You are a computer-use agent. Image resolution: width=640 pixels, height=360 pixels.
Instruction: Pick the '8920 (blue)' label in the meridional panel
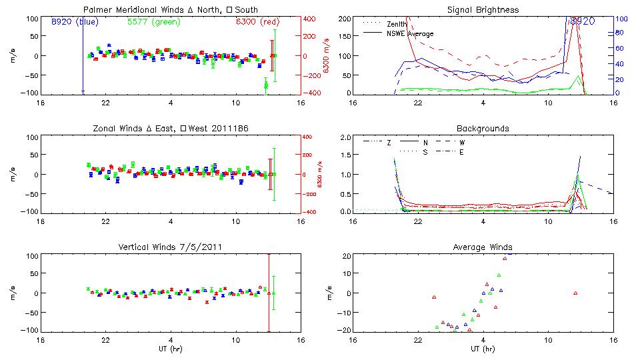click(x=74, y=22)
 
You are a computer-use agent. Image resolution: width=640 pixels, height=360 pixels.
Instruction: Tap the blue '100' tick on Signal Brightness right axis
click(x=619, y=19)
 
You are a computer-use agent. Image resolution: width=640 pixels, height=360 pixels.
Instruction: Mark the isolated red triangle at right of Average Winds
click(x=575, y=293)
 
